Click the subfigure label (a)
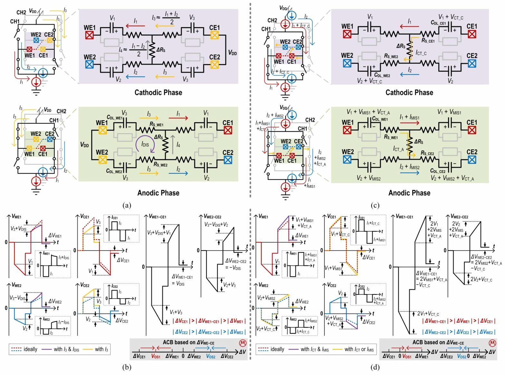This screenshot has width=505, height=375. click(125, 205)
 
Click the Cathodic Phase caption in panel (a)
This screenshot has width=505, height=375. click(158, 92)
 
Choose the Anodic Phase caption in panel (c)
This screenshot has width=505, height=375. click(409, 193)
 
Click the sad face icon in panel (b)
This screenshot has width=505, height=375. click(241, 342)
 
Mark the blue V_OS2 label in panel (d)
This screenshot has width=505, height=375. click(463, 356)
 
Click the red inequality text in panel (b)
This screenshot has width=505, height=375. click(209, 321)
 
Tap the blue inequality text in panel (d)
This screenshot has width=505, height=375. click(459, 332)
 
